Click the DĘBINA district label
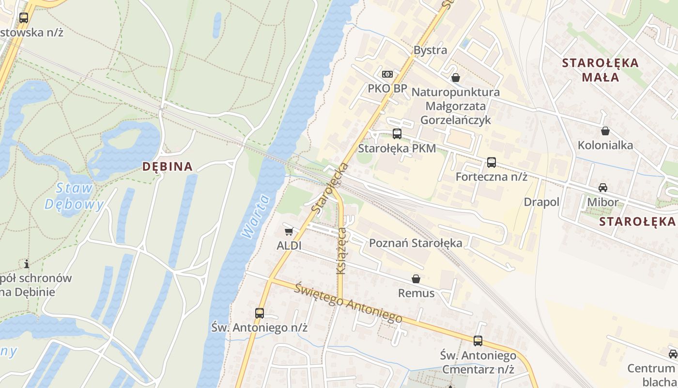pos(168,166)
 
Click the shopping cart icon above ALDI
pos(289,231)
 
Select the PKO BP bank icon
pos(387,74)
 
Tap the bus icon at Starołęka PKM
pos(397,134)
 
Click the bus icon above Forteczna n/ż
pos(492,162)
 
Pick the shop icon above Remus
pos(416,279)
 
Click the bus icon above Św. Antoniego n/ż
pos(260,313)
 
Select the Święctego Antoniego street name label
pos(348,303)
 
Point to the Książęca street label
pos(341,251)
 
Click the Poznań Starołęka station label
pos(416,243)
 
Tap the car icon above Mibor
pos(603,188)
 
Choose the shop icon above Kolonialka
pos(605,131)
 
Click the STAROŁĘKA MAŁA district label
pos(601,70)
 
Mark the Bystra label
pos(430,50)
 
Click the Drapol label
pos(541,202)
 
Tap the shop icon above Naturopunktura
pos(456,78)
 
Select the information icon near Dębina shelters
pos(27,264)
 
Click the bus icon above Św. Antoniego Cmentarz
pos(478,341)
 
